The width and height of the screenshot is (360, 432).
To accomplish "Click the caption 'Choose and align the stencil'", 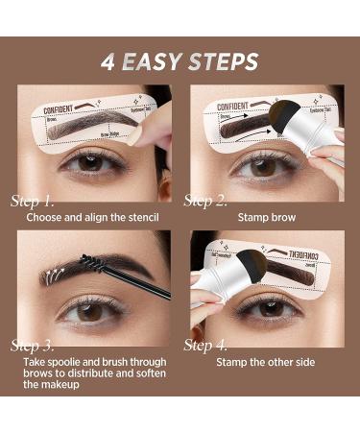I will (x=92, y=217).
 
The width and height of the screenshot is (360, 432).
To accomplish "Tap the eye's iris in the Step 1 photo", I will (x=90, y=162).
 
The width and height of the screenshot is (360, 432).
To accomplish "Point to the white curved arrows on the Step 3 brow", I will (x=58, y=275).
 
